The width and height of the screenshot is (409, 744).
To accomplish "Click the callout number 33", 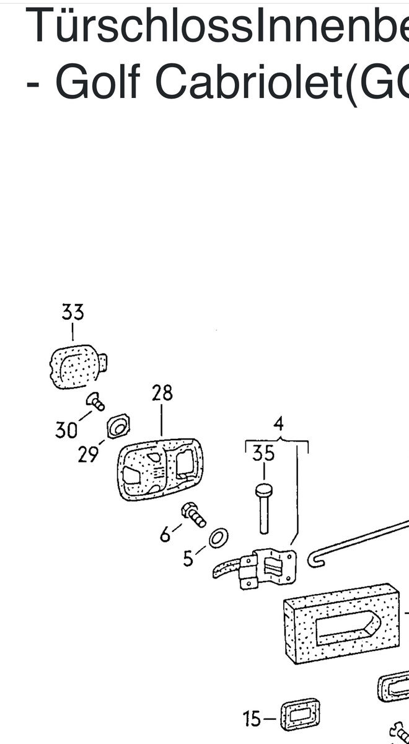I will tap(73, 312).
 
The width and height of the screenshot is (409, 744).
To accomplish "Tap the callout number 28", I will tap(162, 393).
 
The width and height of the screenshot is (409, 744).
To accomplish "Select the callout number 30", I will tap(66, 429).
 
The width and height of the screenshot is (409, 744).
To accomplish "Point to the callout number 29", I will tap(89, 454).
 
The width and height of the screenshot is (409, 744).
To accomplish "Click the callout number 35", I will tap(263, 454).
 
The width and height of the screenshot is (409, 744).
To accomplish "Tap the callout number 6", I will tap(165, 534).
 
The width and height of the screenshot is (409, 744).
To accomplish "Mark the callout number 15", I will tap(252, 719).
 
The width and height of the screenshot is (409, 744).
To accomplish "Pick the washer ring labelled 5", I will tap(218, 538).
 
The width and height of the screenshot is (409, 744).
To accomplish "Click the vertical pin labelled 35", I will tap(264, 508).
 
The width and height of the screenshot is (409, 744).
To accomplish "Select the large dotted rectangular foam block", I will tap(341, 627).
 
